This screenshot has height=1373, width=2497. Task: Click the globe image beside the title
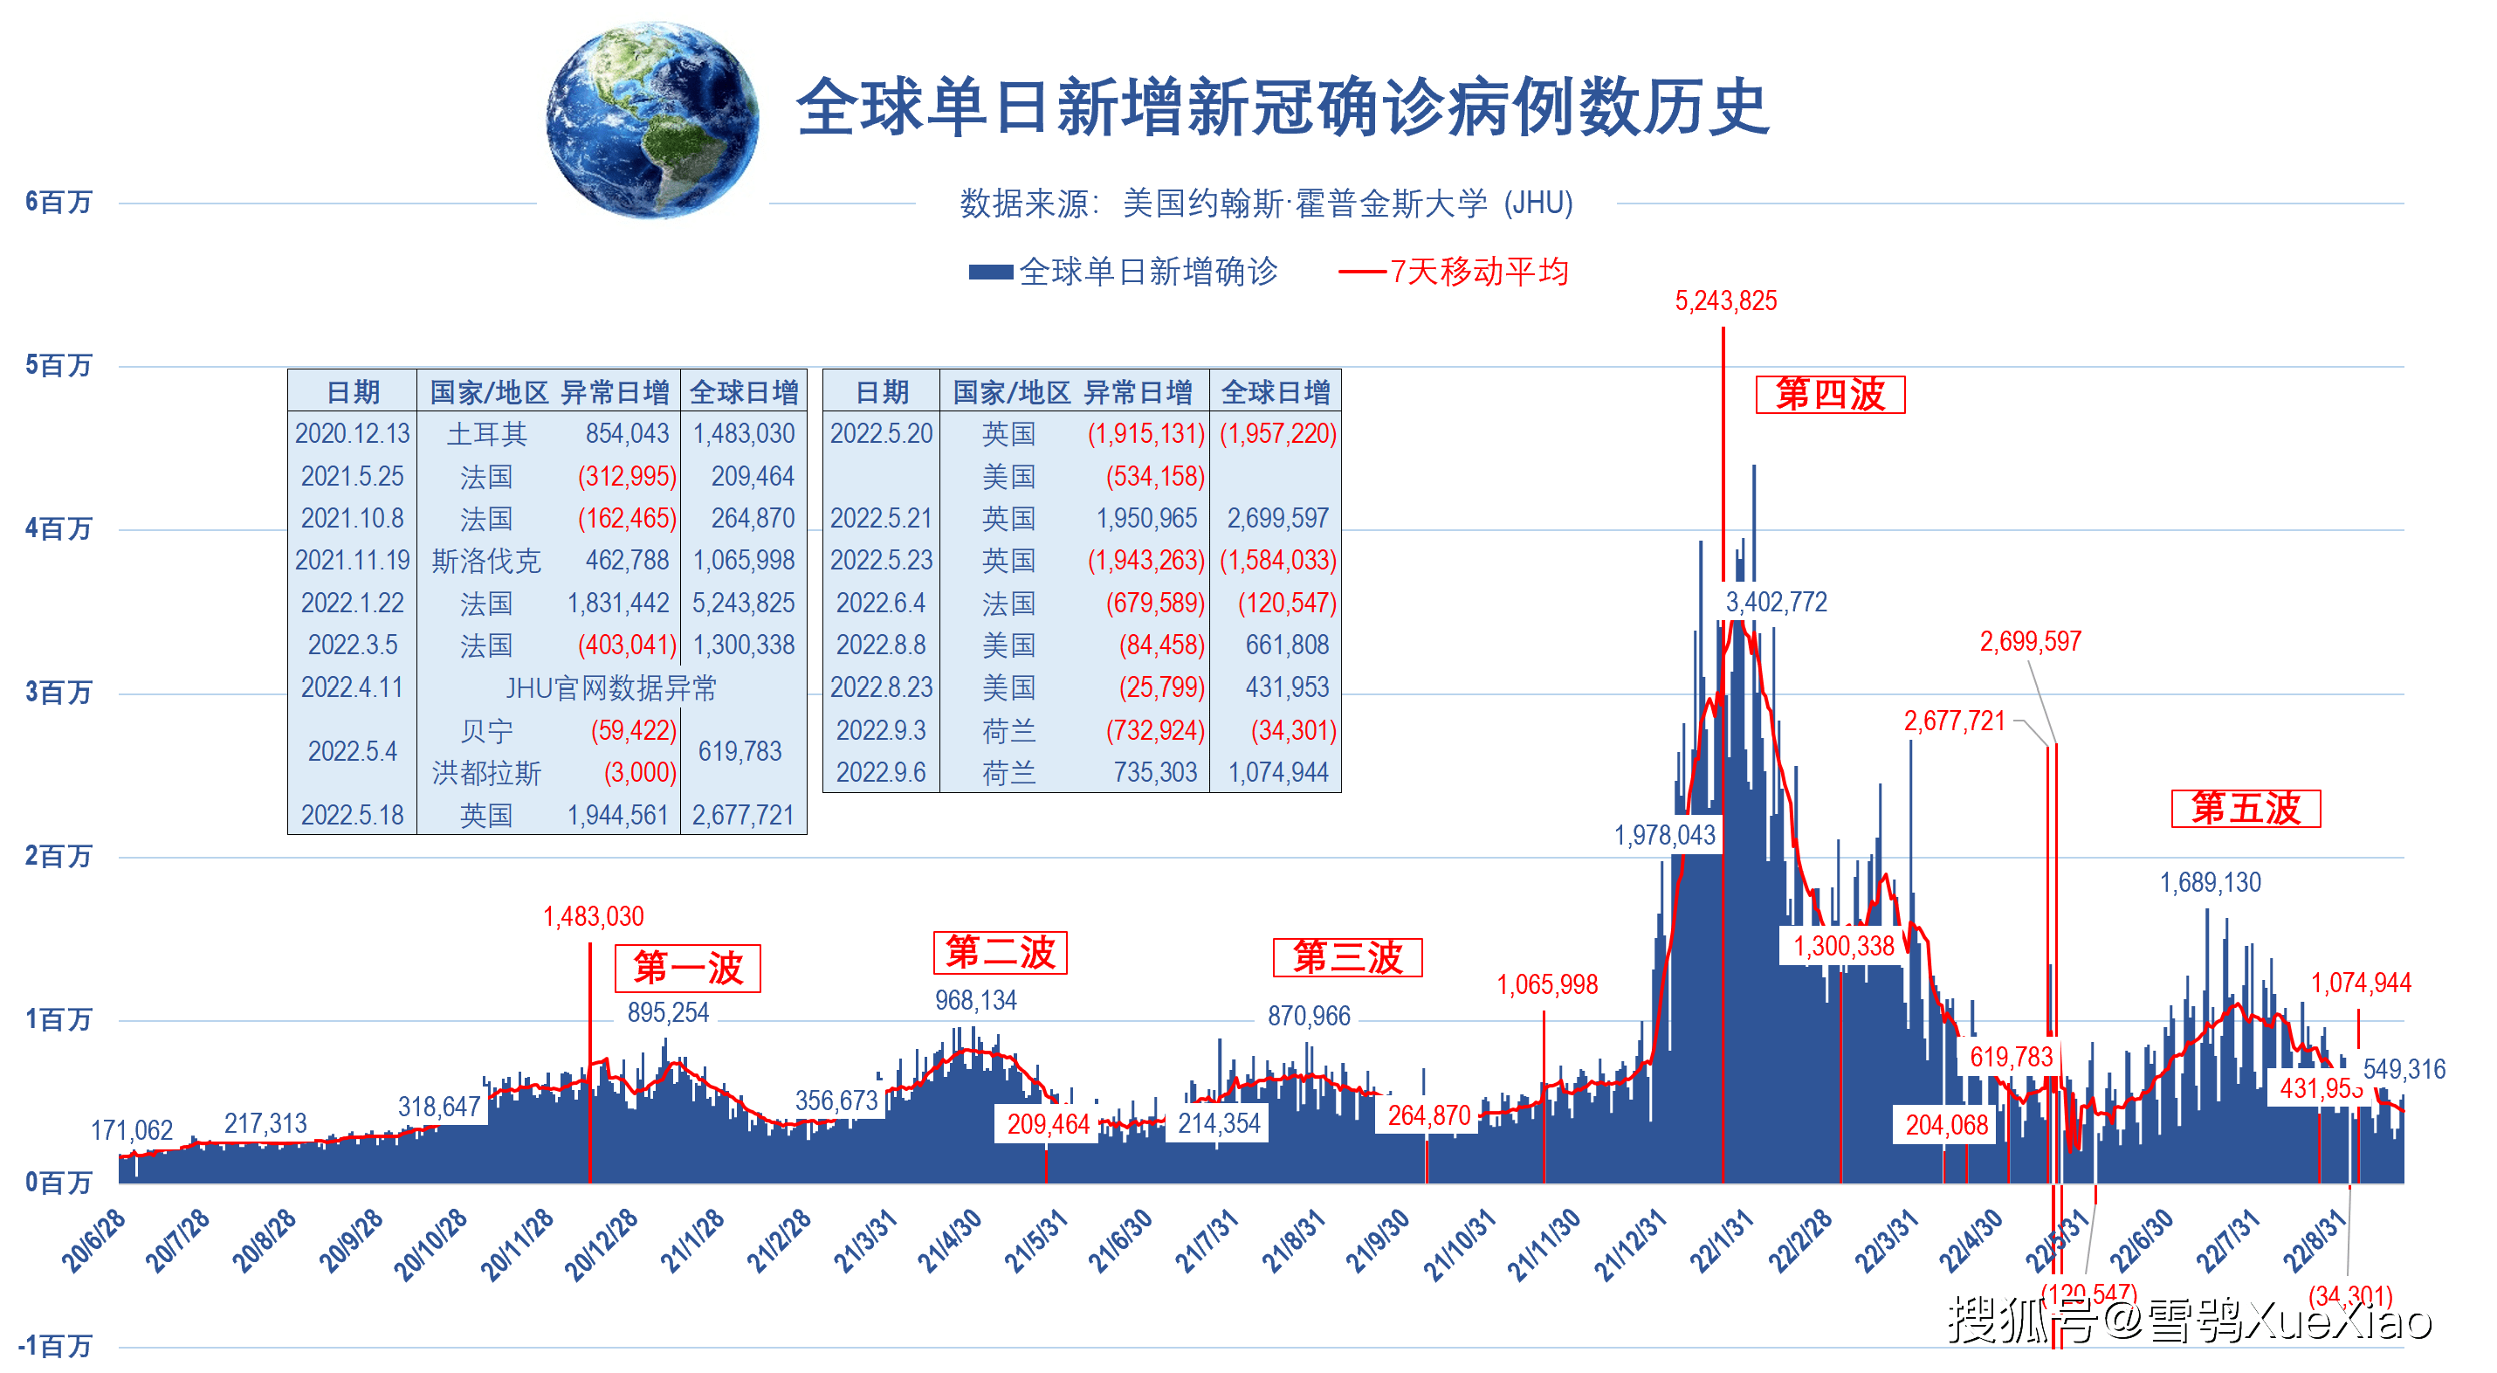click(652, 121)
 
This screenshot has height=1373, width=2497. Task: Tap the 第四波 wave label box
click(1829, 395)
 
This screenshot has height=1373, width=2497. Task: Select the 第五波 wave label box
click(2245, 809)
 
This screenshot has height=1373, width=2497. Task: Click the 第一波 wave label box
click(687, 968)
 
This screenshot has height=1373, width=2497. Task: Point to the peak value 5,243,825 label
click(1725, 301)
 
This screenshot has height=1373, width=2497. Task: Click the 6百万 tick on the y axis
click(58, 202)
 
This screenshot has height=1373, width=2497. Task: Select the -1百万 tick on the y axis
click(55, 1345)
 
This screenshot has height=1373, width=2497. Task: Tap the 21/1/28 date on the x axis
click(691, 1241)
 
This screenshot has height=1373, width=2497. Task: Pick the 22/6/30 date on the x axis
click(2142, 1241)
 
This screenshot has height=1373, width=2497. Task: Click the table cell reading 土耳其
click(486, 433)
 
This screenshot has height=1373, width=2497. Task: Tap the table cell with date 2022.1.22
click(352, 604)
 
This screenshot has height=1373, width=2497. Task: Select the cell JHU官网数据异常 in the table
click(610, 688)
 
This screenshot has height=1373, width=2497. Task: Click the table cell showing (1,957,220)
click(1276, 433)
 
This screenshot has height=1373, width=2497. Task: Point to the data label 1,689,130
click(2209, 882)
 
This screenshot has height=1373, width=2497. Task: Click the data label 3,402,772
click(1776, 602)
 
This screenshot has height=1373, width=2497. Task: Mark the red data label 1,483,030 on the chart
click(593, 916)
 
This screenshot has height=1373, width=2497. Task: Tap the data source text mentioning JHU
click(1265, 204)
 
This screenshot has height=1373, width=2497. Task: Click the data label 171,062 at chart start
click(132, 1129)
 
